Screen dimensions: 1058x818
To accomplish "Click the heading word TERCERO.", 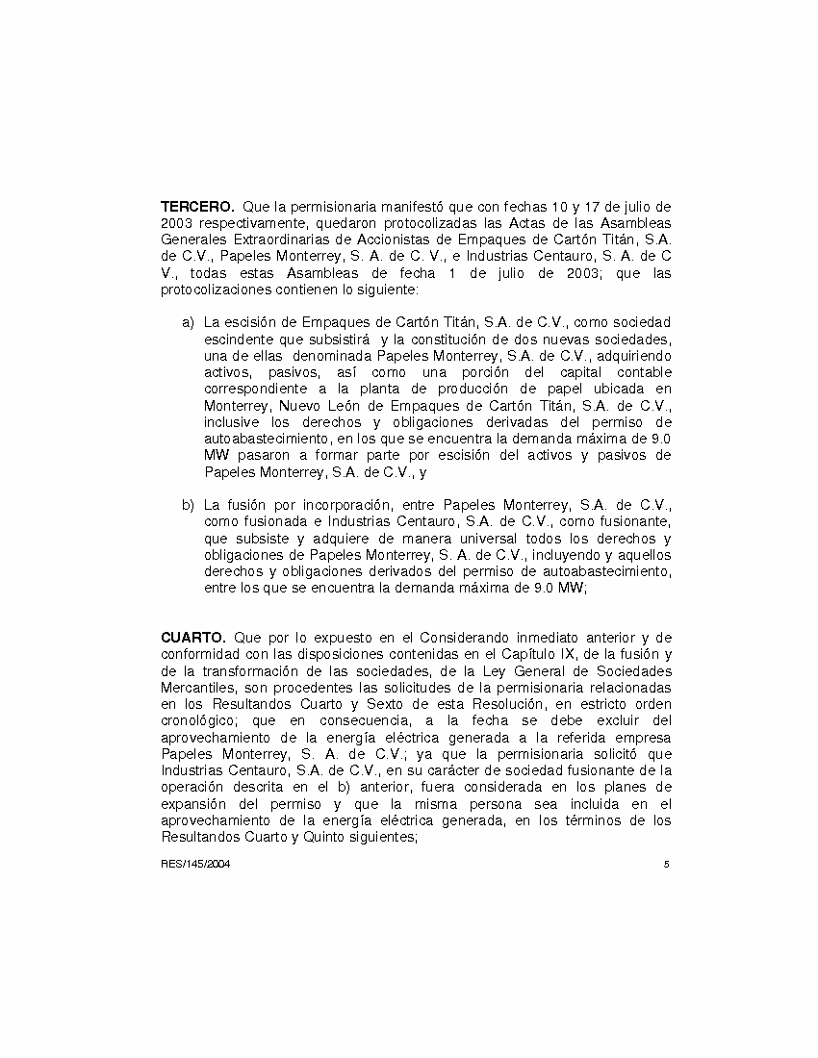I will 197,206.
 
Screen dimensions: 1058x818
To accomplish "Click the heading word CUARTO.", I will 192,637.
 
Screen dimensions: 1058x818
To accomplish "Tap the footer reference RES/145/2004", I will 195,864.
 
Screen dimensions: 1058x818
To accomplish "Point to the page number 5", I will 666,864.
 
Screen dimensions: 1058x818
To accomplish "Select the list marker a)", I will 188,321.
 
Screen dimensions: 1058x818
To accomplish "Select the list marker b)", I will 188,504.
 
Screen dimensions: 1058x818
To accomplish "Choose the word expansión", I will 195,803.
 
